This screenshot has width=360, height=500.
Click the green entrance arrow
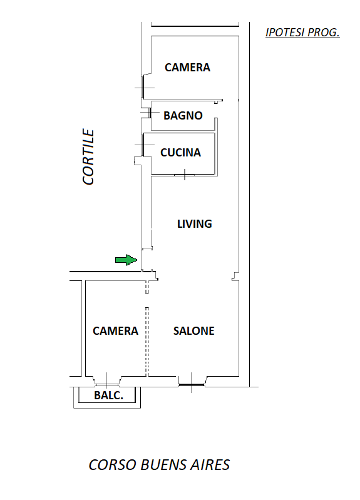(126, 260)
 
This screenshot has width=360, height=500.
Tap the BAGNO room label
(183, 115)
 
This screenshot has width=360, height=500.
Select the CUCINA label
(180, 153)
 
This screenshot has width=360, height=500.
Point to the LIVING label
(194, 224)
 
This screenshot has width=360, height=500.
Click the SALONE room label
(193, 330)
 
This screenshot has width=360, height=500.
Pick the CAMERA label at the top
(187, 68)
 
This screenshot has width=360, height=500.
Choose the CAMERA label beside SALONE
(115, 330)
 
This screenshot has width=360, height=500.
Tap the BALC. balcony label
(108, 395)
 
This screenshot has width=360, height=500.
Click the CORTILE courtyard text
(88, 156)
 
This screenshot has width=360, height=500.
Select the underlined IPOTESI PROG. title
(302, 33)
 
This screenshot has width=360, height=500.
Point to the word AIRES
(210, 465)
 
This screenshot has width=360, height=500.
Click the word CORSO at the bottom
(113, 465)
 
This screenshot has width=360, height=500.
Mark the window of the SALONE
(191, 385)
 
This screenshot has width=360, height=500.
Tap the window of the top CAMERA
(143, 88)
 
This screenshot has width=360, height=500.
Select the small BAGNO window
(149, 113)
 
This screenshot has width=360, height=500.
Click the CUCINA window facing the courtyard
(143, 145)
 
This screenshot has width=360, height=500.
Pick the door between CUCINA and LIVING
(185, 175)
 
